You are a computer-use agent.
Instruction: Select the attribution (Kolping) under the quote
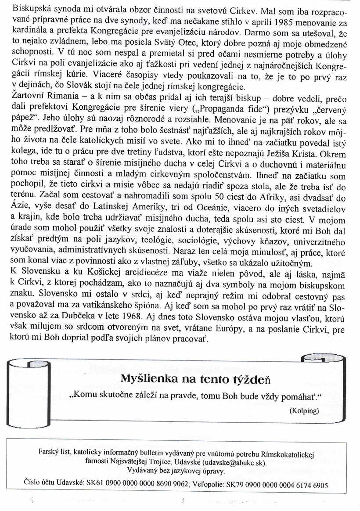click(304, 411)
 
